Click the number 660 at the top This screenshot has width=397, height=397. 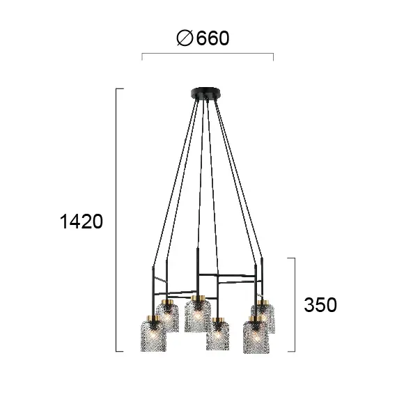click(x=213, y=38)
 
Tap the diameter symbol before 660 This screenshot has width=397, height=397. click(x=185, y=38)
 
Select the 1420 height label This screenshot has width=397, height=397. click(x=81, y=221)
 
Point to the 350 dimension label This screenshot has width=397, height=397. click(x=320, y=304)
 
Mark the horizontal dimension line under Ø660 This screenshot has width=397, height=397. click(x=208, y=54)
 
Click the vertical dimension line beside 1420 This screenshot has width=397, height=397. click(x=116, y=220)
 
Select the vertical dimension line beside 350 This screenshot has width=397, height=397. click(x=295, y=305)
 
